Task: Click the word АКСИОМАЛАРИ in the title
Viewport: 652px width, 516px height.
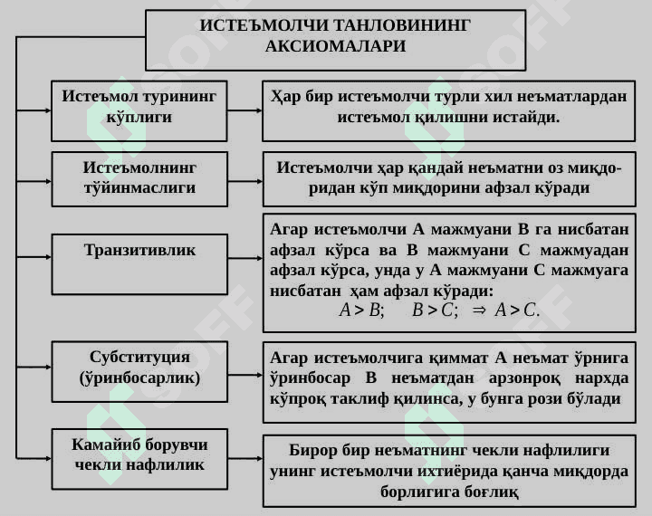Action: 335,46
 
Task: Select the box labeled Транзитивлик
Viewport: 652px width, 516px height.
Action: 139,264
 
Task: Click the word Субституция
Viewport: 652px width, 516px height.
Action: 139,357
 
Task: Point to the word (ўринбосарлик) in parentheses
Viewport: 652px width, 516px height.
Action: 139,377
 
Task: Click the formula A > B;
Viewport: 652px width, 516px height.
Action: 361,310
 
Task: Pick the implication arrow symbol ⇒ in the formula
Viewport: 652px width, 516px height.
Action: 479,311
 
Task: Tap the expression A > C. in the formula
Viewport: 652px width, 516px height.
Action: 517,310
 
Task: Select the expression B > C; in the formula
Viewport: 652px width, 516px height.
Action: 435,310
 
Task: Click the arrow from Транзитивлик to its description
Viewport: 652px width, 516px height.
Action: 245,258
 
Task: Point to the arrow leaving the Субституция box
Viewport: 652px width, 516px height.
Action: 245,375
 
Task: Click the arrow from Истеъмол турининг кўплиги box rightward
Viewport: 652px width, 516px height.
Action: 244,110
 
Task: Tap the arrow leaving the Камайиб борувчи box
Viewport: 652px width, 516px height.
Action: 245,459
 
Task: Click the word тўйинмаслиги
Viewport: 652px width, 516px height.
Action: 139,187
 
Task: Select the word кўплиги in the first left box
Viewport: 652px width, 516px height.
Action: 139,117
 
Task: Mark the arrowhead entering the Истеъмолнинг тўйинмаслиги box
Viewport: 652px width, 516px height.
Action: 48,181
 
